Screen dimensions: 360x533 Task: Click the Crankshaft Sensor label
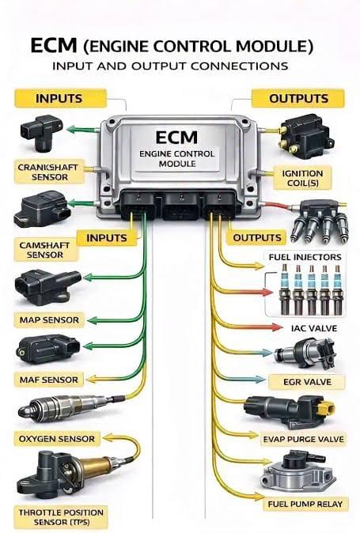point(49,172)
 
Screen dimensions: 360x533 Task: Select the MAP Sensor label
point(49,319)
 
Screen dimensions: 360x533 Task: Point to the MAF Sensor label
point(48,380)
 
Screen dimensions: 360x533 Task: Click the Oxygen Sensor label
point(57,439)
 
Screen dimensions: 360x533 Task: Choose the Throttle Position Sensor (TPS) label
point(61,517)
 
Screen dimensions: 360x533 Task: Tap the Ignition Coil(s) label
point(302,178)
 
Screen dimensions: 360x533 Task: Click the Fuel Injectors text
point(305,257)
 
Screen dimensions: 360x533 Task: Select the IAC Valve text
point(314,328)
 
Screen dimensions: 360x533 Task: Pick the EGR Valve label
point(307,382)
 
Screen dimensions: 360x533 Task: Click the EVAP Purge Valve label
point(303,439)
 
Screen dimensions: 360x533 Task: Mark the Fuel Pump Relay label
point(305,504)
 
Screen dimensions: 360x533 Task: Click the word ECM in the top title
point(54,46)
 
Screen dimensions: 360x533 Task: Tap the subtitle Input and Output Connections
point(170,66)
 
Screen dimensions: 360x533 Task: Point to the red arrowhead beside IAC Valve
point(277,327)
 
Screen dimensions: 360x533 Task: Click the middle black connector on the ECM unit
point(180,206)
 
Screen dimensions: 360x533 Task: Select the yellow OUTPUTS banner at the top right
point(298,98)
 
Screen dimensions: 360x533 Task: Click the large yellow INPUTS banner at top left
point(60,98)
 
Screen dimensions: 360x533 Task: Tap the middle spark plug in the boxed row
point(311,290)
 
